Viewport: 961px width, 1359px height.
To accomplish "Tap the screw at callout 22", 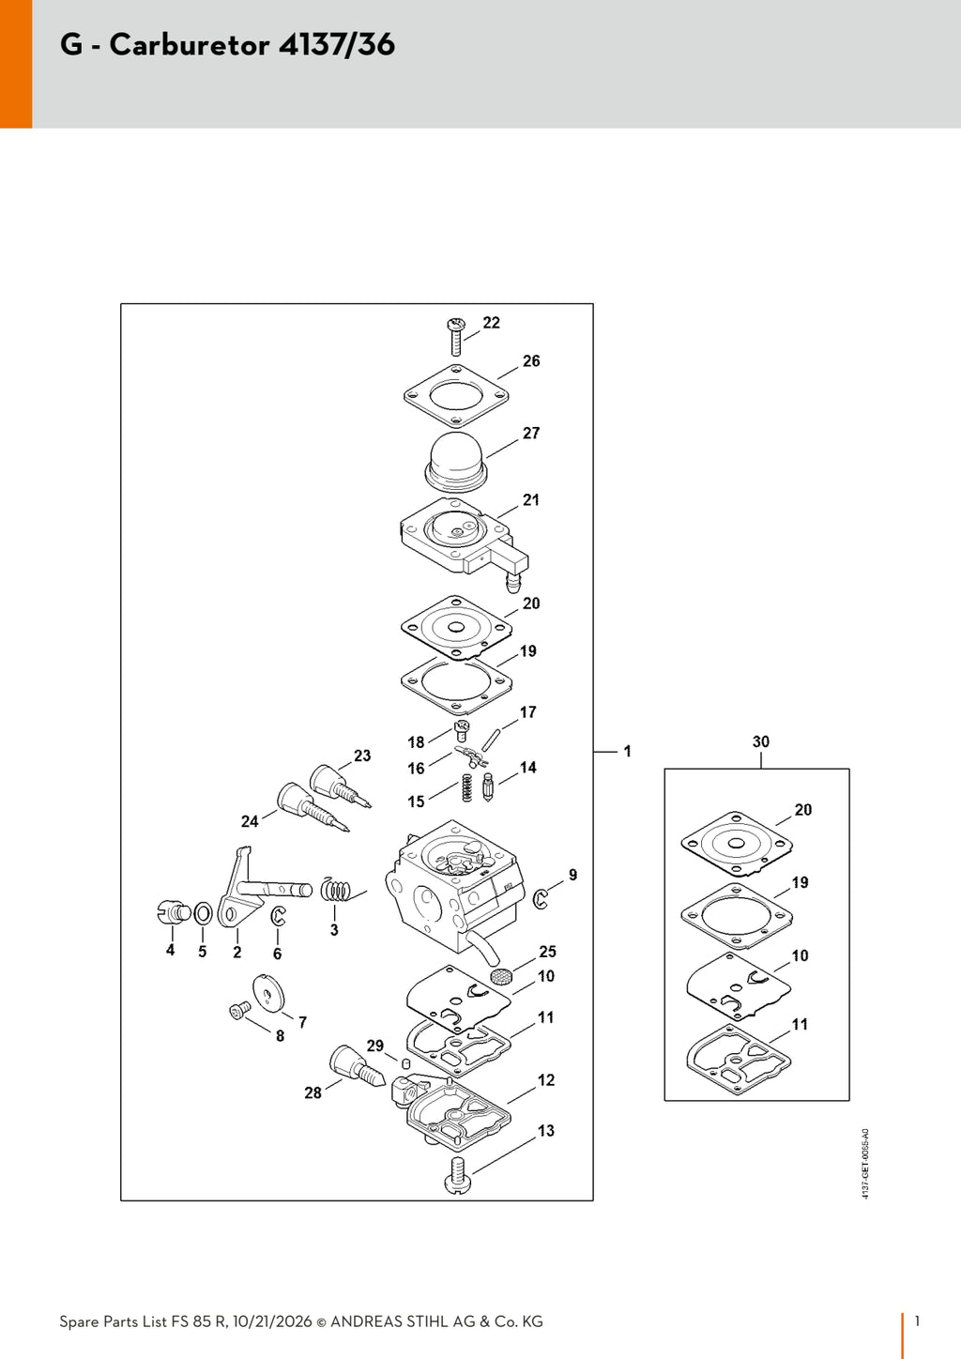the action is pyautogui.click(x=455, y=336).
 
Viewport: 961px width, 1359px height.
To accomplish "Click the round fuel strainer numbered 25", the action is pyautogui.click(x=500, y=975).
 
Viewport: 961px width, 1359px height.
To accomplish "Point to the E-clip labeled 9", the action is pyautogui.click(x=540, y=898).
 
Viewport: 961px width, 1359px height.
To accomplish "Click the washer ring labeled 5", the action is pyautogui.click(x=203, y=913).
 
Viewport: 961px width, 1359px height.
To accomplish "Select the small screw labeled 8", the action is pyautogui.click(x=239, y=1010).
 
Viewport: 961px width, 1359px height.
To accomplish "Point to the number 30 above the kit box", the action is pyautogui.click(x=761, y=741).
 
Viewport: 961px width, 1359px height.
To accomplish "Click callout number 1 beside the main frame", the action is pyautogui.click(x=627, y=751).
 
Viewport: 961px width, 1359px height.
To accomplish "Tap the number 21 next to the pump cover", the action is pyautogui.click(x=531, y=500).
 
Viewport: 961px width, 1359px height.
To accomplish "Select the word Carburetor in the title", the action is pyautogui.click(x=190, y=45).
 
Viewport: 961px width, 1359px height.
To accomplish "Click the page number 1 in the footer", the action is pyautogui.click(x=917, y=1321).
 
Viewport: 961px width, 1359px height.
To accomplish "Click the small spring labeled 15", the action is pyautogui.click(x=466, y=787).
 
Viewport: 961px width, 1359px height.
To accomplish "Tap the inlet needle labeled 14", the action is pyautogui.click(x=487, y=786).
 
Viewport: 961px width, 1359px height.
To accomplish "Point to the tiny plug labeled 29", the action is pyautogui.click(x=405, y=1063).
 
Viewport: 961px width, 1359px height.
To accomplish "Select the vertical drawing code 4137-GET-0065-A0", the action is pyautogui.click(x=866, y=1163).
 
